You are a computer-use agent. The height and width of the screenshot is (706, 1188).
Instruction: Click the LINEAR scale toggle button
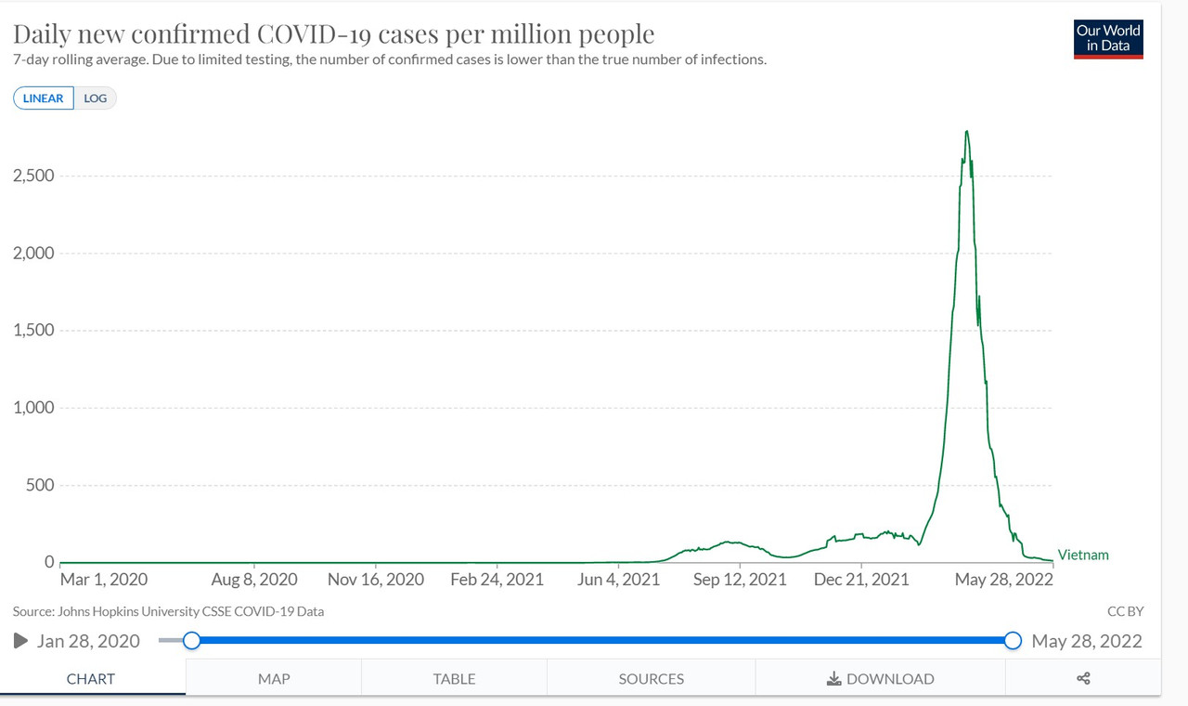click(x=44, y=98)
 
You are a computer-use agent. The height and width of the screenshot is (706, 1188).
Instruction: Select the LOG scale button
click(x=96, y=98)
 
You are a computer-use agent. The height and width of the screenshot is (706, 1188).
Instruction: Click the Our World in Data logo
click(x=1108, y=39)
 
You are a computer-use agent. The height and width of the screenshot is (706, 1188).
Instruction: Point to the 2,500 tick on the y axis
click(x=33, y=176)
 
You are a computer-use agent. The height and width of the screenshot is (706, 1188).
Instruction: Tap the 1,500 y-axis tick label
click(x=33, y=331)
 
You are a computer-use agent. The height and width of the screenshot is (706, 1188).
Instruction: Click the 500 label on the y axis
click(x=39, y=485)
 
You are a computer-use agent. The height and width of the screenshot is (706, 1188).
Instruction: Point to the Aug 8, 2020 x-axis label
click(x=253, y=580)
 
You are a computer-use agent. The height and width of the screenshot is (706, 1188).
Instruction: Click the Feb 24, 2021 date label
click(x=497, y=580)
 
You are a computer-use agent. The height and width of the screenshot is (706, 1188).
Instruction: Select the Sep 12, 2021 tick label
click(x=740, y=580)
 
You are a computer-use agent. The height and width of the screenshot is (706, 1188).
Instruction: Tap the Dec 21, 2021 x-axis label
click(x=861, y=580)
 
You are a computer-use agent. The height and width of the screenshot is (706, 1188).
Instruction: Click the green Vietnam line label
click(x=1083, y=556)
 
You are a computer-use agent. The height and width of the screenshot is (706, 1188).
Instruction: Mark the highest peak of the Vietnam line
click(x=967, y=131)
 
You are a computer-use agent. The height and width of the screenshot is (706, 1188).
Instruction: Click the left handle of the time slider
click(x=191, y=640)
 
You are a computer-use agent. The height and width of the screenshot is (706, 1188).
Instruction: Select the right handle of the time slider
click(x=1013, y=640)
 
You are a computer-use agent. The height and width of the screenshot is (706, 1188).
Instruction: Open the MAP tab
click(x=274, y=679)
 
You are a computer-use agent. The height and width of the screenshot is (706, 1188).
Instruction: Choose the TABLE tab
click(x=454, y=679)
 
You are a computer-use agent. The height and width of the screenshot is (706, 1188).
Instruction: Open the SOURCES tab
click(x=651, y=679)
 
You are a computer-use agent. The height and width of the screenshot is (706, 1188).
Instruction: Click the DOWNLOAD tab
click(x=880, y=679)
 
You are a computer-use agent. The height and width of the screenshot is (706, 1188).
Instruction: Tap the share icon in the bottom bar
click(x=1083, y=679)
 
